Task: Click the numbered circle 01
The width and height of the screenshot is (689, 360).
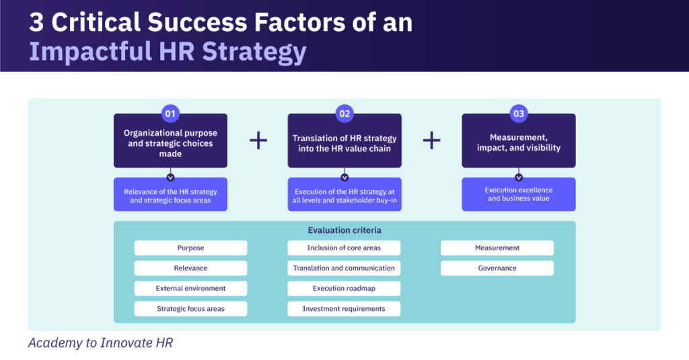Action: coord(170,114)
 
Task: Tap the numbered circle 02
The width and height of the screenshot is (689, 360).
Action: coord(344,114)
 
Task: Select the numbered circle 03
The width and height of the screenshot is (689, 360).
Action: coord(519,114)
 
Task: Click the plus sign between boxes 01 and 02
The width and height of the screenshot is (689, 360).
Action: coord(258,140)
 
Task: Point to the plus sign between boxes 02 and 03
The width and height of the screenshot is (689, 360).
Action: coord(431,140)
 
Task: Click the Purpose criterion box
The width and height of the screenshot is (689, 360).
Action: coord(190,248)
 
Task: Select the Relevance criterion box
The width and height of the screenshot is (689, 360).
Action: coord(190,268)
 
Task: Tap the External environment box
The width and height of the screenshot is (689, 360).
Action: coord(190,288)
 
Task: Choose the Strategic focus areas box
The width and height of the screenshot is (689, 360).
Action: coord(190,309)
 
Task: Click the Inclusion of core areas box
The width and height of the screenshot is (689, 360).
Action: coord(344,248)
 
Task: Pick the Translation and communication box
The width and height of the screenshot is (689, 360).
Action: coord(344,268)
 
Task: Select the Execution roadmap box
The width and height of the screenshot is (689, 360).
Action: coord(344,288)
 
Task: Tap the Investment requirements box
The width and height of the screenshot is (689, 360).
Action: coord(344,309)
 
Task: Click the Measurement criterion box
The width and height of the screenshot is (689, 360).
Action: coord(497,248)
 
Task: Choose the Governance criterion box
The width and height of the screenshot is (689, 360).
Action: coord(497,268)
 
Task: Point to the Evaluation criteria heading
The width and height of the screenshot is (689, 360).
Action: coord(344,230)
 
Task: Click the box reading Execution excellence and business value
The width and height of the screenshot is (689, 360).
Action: coord(519,194)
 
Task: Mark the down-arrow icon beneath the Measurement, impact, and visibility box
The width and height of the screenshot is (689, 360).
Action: coord(519,178)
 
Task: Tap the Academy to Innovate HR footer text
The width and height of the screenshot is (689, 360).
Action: coord(100,343)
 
